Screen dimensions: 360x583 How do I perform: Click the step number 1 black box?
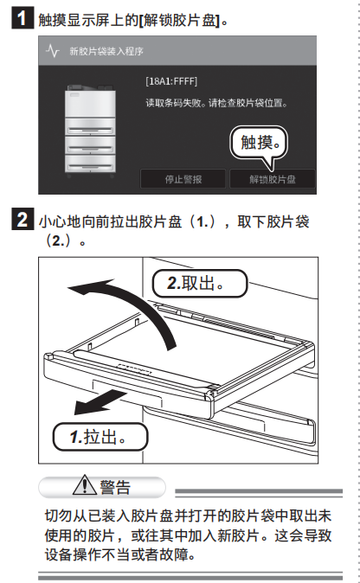click(x=22, y=17)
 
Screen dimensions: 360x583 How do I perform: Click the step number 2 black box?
click(x=22, y=219)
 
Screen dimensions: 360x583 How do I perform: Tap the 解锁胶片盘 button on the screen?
click(x=273, y=179)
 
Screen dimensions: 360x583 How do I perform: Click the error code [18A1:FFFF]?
click(x=171, y=81)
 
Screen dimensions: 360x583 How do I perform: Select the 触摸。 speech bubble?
click(x=260, y=143)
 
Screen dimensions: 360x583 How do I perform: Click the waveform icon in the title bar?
click(x=53, y=50)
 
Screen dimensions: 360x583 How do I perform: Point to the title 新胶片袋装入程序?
click(x=106, y=51)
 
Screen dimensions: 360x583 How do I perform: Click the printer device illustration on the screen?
click(x=90, y=131)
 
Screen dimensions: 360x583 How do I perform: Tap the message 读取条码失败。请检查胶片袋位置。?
click(x=217, y=103)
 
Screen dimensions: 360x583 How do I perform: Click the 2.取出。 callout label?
click(x=200, y=284)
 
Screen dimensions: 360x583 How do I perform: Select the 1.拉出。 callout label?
click(x=100, y=437)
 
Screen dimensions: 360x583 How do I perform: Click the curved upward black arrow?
click(x=141, y=301)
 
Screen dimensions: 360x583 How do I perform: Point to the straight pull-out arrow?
click(x=100, y=402)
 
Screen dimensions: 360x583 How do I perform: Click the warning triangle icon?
click(x=85, y=485)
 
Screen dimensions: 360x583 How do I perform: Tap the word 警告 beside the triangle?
click(x=115, y=487)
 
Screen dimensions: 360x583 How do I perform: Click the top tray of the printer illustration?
click(x=90, y=126)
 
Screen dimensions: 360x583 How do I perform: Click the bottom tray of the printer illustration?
click(x=90, y=163)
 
